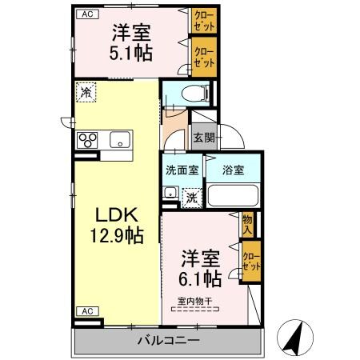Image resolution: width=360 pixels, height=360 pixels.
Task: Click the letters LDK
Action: point(116,214)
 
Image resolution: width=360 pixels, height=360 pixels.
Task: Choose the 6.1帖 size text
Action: point(200,279)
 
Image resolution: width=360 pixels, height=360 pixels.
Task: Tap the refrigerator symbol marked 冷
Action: point(85,93)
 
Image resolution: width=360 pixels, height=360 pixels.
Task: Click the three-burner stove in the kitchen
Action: point(87,141)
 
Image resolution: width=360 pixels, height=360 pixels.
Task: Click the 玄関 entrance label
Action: point(203,137)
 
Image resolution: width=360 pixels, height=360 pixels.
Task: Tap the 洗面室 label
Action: point(182,170)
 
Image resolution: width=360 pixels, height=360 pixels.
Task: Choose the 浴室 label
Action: point(234,170)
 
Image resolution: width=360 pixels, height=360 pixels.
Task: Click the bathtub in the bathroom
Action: point(233,195)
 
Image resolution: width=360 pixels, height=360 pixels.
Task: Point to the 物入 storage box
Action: point(248,224)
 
